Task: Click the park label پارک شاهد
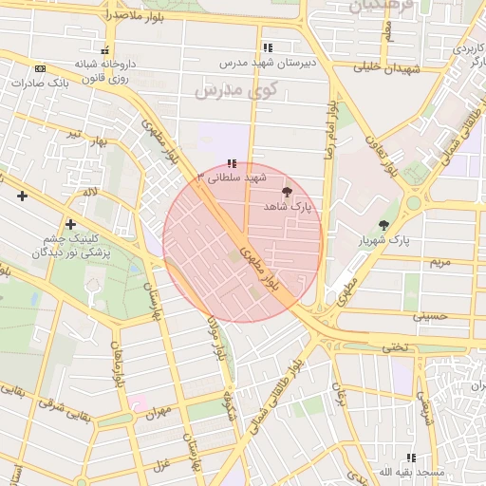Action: point(288,206)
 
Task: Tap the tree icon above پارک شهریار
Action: point(383,225)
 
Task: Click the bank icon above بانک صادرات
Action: point(40,68)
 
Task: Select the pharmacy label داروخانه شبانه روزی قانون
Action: point(105,70)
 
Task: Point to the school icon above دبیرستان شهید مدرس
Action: point(267,47)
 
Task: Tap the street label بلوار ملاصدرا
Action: point(111,16)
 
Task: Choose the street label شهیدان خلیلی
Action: point(387,67)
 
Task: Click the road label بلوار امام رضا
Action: point(331,132)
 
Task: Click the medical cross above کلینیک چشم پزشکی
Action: point(70,224)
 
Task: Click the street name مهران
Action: point(158,415)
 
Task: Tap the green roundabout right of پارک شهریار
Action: point(414,202)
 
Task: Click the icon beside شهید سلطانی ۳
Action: point(232,163)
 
